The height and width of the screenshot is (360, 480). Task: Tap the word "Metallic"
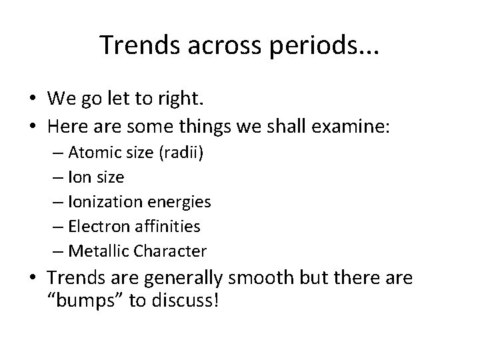[96, 251]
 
